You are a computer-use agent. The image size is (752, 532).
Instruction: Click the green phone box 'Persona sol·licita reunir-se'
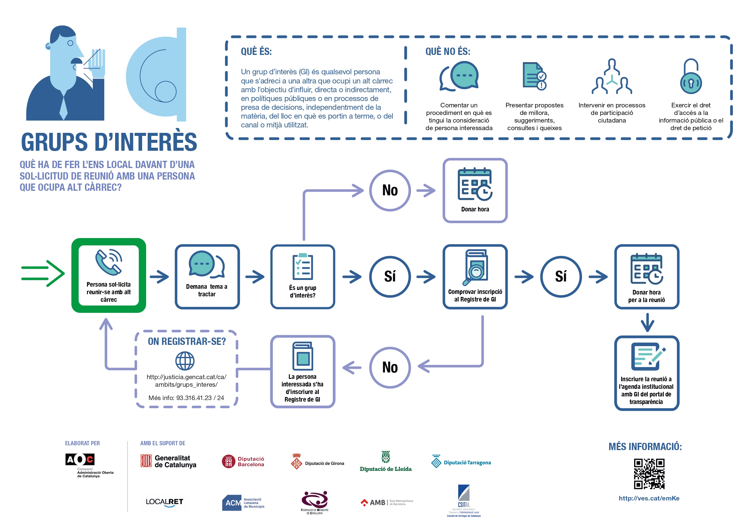(x=109, y=275)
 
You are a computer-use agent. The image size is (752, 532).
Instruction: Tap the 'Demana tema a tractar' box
(x=207, y=277)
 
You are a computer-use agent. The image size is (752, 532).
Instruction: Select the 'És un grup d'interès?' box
(x=302, y=277)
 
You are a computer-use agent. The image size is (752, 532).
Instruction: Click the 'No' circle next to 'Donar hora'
(x=390, y=190)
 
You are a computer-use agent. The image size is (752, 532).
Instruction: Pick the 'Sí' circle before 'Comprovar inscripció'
(x=390, y=277)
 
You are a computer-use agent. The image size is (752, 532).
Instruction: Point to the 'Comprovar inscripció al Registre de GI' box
(x=475, y=277)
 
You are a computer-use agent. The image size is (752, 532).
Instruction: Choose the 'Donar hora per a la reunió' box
(x=647, y=277)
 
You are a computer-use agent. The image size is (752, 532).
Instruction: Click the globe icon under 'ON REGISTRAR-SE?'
(x=185, y=361)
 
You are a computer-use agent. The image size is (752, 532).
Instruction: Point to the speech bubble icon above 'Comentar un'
(x=459, y=76)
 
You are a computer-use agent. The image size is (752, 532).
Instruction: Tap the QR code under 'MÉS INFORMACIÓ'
(x=649, y=474)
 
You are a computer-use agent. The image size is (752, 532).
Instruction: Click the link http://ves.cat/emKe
(x=649, y=498)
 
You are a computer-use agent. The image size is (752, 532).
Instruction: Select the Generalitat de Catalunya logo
(x=168, y=461)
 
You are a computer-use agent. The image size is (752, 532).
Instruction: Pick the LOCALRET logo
(x=164, y=502)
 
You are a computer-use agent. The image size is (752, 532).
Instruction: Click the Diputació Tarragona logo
(x=461, y=462)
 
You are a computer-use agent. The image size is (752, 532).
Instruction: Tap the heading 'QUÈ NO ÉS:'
(x=448, y=52)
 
